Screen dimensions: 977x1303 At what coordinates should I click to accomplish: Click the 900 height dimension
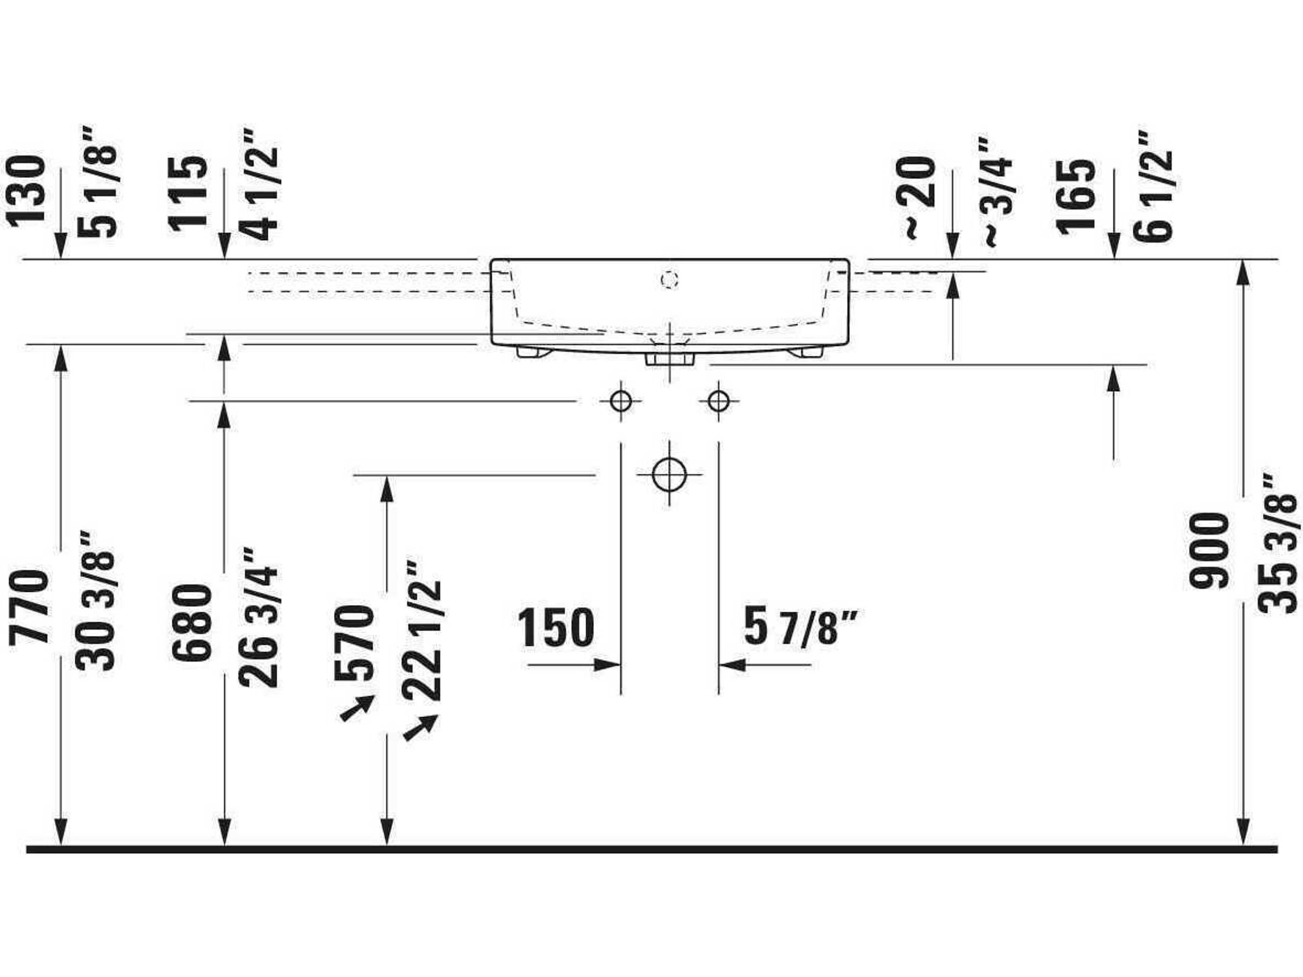tap(1209, 551)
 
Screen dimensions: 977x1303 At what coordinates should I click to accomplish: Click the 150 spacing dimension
tap(556, 628)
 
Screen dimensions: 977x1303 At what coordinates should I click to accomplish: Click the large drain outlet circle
tap(669, 474)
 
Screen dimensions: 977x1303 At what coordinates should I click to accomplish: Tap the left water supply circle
tap(621, 402)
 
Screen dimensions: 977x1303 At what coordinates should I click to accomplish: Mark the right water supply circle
tap(718, 402)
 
